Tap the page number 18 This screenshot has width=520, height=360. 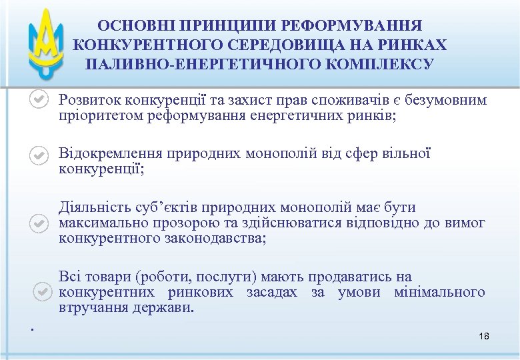click(x=484, y=336)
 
